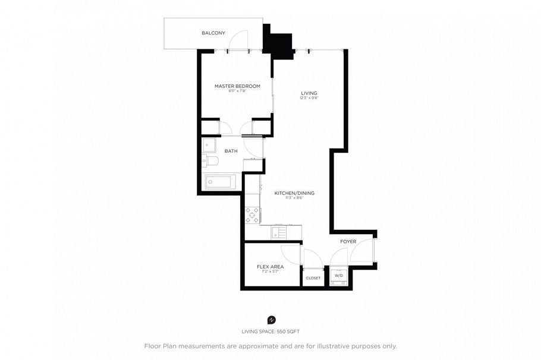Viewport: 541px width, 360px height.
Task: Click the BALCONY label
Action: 213,33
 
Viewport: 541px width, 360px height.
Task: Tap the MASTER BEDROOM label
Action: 237,86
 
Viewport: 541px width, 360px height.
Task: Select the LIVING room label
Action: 309,93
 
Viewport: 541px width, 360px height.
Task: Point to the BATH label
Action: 231,151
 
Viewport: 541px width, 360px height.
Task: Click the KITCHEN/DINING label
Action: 294,193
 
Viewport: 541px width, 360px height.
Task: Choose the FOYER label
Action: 348,241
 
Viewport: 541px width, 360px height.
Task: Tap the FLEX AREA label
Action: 270,267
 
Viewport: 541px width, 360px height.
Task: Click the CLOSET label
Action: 313,278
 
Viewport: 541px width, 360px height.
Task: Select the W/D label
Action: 338,276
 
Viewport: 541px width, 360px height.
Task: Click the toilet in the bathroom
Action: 212,160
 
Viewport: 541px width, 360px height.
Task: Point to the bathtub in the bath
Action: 220,182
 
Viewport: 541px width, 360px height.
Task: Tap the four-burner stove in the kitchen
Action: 251,214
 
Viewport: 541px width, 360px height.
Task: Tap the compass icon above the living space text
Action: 272,320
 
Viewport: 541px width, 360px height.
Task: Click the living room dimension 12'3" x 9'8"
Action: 309,99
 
